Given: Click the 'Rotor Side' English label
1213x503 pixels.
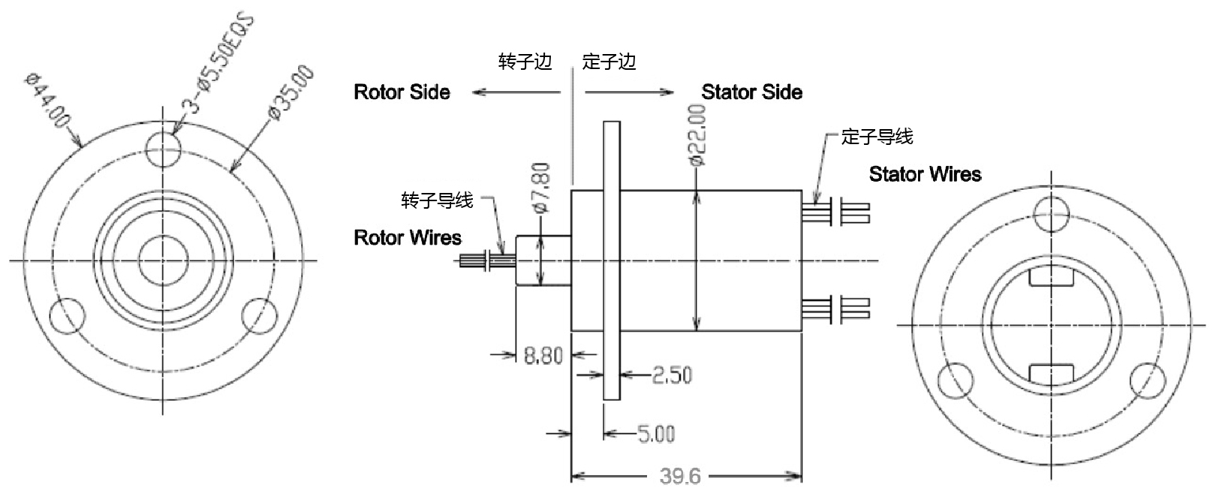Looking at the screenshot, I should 402,92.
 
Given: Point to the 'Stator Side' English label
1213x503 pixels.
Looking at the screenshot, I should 751,92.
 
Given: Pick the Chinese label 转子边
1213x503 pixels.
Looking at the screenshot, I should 525,62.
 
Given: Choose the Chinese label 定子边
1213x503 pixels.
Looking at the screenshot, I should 609,62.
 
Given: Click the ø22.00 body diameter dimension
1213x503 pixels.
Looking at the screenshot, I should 697,135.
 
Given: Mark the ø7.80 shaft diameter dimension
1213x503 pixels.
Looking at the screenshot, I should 542,187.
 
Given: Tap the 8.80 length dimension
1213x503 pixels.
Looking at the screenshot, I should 543,355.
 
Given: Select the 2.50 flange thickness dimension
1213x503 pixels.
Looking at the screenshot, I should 672,375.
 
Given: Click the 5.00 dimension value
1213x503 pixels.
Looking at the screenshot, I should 656,434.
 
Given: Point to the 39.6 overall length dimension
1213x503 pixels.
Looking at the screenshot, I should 680,476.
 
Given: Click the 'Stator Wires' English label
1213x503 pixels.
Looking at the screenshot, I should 925,174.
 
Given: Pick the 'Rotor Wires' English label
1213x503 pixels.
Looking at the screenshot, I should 407,238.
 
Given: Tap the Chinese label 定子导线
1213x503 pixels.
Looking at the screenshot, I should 877,137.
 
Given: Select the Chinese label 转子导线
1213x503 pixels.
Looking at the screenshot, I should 437,200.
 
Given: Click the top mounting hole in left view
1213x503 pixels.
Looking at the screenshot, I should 164,151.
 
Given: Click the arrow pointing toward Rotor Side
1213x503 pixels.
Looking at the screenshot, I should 516,92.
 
